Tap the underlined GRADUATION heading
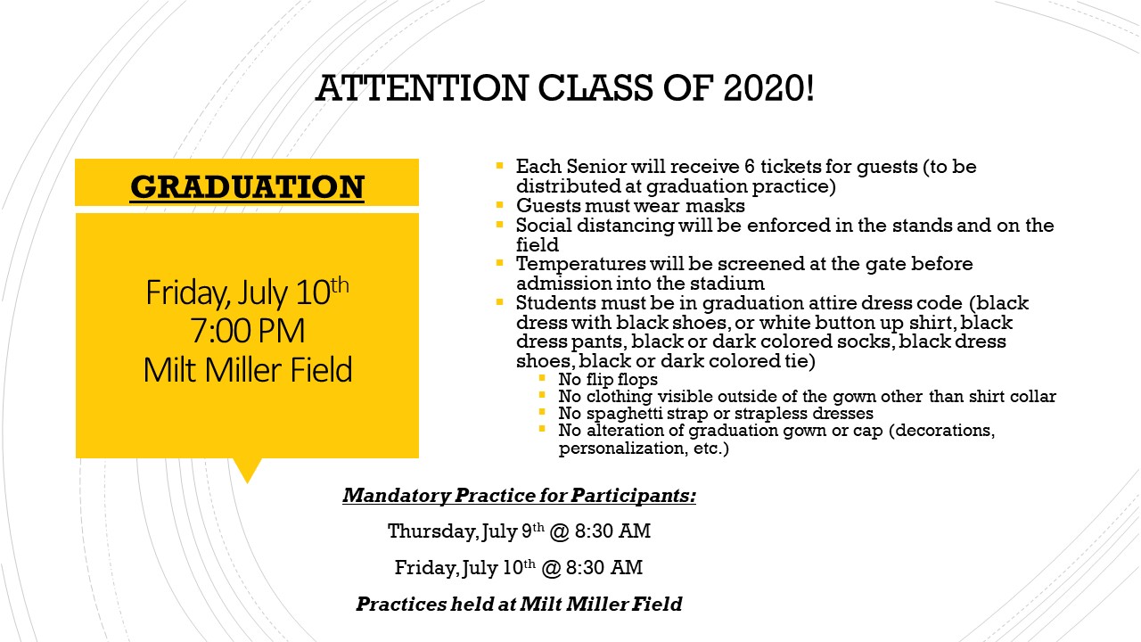(247, 187)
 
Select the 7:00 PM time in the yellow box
(248, 330)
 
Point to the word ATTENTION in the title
(423, 87)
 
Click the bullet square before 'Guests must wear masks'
(500, 205)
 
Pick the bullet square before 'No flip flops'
(542, 378)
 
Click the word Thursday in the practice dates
(433, 531)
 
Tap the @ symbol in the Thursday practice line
(559, 532)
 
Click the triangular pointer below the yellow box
(248, 469)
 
